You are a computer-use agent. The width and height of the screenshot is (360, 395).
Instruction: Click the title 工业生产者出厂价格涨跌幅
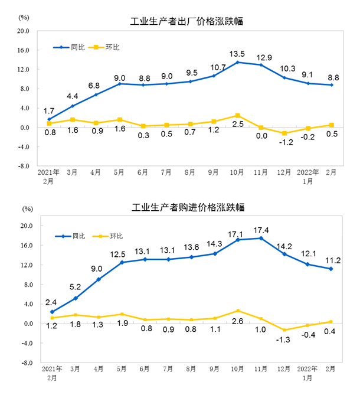[186, 22]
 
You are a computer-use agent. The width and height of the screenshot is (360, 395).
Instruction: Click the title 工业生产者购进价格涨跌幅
[186, 207]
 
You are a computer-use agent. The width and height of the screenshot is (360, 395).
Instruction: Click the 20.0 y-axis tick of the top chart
[23, 31]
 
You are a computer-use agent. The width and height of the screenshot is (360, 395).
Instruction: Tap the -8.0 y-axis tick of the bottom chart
[23, 363]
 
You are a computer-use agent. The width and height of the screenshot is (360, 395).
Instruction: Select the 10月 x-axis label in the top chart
[237, 172]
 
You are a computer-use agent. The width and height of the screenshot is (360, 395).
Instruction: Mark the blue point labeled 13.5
[237, 62]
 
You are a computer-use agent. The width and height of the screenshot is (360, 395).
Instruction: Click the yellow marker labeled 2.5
[237, 116]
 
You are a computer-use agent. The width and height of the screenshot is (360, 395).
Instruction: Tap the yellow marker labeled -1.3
[284, 330]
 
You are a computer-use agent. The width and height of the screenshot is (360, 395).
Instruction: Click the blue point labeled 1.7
[49, 119]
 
